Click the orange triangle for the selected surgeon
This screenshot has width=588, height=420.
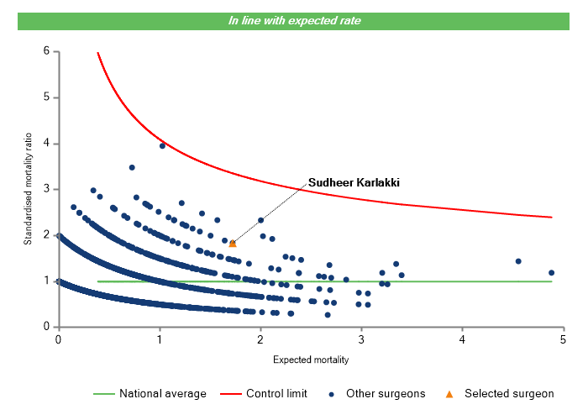tap(233, 243)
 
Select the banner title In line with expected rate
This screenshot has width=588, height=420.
tap(295, 20)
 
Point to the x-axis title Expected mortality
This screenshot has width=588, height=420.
tap(311, 360)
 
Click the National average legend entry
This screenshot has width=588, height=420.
tap(150, 393)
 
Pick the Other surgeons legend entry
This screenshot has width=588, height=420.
tap(377, 393)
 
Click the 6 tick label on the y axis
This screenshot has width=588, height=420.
tap(47, 51)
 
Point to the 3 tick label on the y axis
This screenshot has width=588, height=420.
tap(47, 189)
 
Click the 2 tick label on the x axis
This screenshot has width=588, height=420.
tap(260, 339)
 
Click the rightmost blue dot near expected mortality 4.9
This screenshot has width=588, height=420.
tap(552, 272)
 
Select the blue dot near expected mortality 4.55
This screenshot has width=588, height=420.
tap(518, 261)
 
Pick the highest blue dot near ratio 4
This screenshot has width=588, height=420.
tap(162, 145)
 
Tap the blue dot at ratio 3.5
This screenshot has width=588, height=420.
tap(132, 167)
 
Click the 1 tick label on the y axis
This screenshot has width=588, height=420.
tap(47, 281)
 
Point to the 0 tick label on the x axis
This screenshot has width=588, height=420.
tap(58, 339)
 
